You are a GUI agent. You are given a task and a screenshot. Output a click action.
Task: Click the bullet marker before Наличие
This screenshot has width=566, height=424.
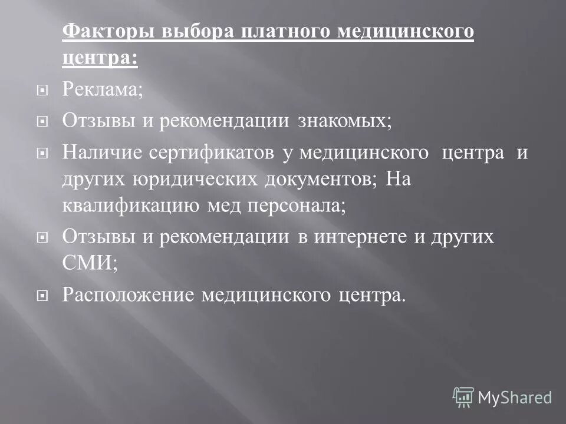tap(41, 154)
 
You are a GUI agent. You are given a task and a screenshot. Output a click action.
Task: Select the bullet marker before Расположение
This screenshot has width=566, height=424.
tap(41, 295)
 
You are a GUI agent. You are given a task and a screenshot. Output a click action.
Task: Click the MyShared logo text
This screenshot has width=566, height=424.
tap(515, 397)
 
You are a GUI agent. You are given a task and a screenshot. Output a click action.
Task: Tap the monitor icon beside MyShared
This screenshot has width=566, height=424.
tap(463, 397)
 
